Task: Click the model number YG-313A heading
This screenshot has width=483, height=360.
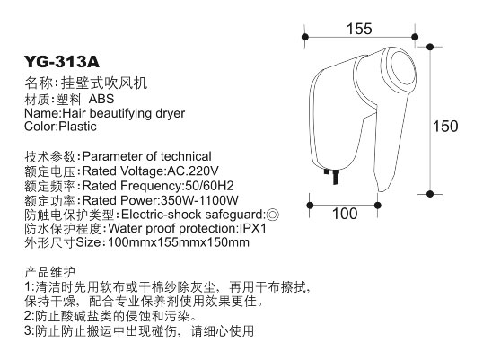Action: [62, 61]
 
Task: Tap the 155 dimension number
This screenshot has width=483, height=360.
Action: [359, 29]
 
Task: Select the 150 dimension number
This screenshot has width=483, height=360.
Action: [445, 127]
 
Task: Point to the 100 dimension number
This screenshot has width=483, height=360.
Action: [345, 214]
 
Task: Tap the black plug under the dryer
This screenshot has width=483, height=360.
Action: [333, 176]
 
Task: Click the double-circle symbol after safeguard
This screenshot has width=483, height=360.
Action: [272, 215]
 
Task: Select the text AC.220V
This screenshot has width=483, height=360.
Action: [193, 171]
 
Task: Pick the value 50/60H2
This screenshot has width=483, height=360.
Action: [209, 186]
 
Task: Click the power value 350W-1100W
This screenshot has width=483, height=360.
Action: [199, 200]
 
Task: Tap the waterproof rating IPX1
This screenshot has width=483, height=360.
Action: [252, 229]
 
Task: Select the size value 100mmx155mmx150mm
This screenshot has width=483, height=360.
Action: [179, 242]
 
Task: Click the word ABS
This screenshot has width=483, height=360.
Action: [101, 99]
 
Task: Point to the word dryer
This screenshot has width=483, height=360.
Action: [170, 114]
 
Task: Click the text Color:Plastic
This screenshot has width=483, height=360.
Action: [60, 127]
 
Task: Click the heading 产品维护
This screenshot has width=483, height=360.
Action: [49, 273]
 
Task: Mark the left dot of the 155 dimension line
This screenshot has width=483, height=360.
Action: [305, 37]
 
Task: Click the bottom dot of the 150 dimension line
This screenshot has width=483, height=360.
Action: [430, 194]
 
